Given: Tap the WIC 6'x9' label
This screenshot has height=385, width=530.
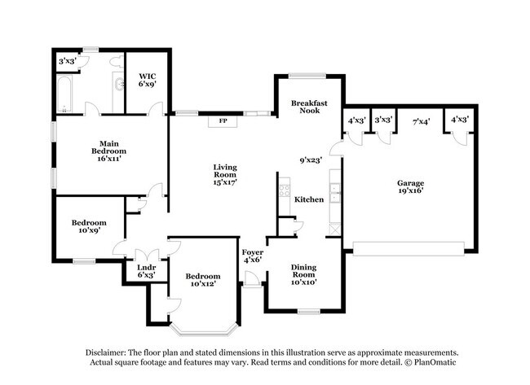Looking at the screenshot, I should pos(146,81).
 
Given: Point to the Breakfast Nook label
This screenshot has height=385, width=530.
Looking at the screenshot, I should pos(309,107).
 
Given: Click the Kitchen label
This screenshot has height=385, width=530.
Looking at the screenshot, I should pos(309,199).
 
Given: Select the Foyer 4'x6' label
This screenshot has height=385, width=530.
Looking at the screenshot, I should pos(252,256).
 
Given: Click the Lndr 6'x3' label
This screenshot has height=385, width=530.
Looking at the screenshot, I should pos(147,271).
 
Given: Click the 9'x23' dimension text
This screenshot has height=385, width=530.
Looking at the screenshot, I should pos(310,160).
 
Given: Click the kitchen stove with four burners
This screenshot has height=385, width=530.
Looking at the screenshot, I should pos(284,192).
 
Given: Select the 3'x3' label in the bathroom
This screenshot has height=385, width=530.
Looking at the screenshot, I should pos(68,61).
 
